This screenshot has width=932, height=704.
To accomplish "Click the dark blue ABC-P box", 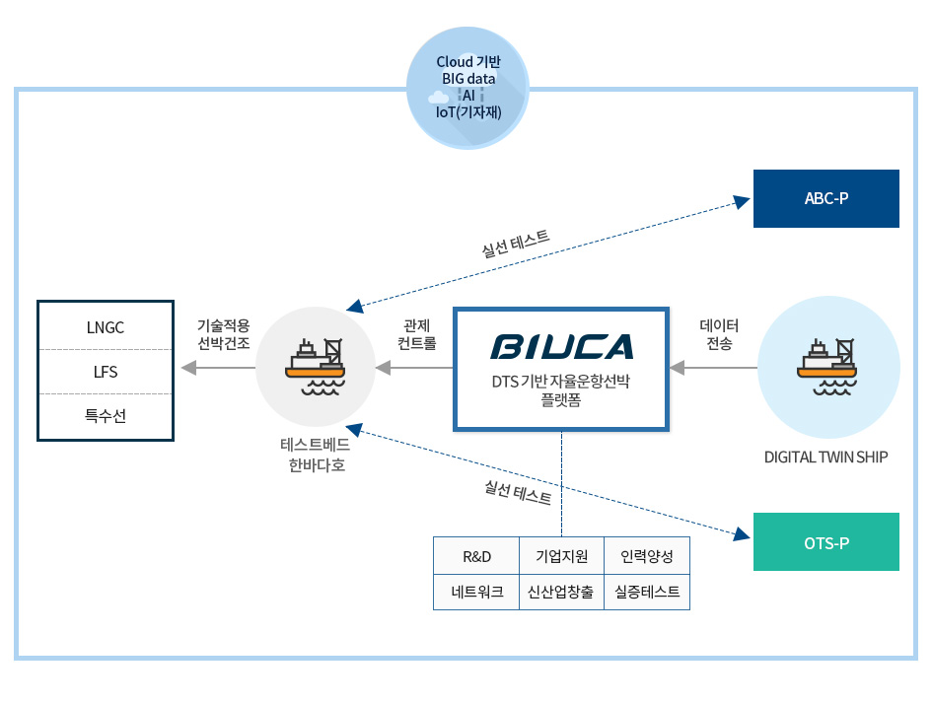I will [x=825, y=198].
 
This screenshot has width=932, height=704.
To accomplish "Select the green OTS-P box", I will [x=825, y=541].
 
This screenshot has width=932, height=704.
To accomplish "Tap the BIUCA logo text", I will [x=562, y=347].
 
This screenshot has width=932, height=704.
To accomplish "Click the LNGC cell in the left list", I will [x=106, y=326].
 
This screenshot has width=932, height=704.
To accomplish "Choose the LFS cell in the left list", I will [x=106, y=372].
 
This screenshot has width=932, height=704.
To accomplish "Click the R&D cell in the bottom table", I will [x=476, y=557].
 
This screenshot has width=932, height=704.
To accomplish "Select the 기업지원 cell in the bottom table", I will [x=561, y=557].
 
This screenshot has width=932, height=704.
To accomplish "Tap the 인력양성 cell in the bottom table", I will [x=646, y=557].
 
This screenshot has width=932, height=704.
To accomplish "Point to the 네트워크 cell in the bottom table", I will [x=476, y=592].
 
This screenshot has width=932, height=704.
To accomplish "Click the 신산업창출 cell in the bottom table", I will [x=561, y=592].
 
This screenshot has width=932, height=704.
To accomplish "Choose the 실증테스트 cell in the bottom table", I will [x=646, y=592].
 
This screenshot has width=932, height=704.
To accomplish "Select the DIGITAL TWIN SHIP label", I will [x=826, y=457].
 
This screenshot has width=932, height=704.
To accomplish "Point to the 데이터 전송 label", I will [x=719, y=334].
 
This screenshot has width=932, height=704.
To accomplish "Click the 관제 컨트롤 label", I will [x=416, y=334].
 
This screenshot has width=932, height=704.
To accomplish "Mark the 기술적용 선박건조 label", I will [x=224, y=334].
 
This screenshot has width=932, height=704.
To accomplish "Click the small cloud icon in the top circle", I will [x=438, y=97].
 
